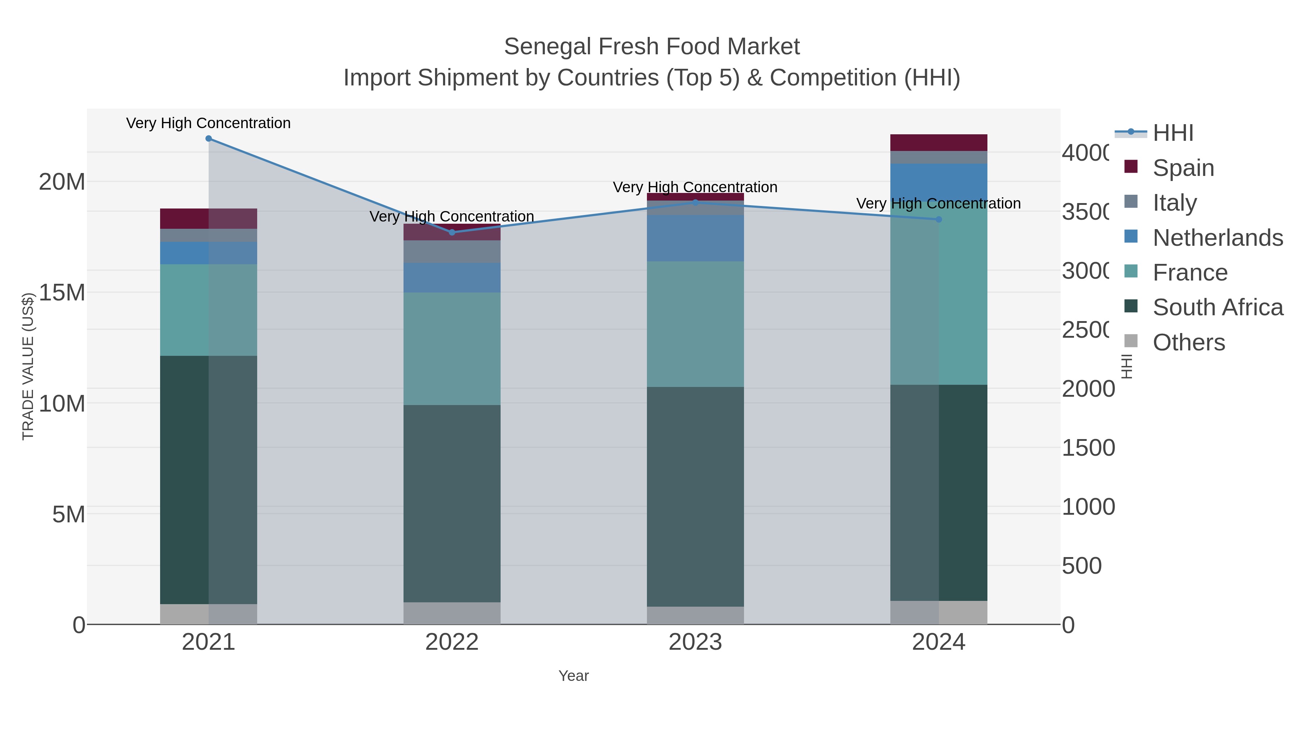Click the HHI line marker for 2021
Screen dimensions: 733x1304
209,139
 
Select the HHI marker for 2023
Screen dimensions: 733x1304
695,202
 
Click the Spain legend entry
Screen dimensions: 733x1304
1183,168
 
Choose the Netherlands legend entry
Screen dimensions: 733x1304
1217,238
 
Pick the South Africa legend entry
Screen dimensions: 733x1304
1217,308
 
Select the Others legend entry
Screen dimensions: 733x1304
1188,342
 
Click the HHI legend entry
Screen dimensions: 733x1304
1173,133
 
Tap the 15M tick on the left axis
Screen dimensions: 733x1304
62,293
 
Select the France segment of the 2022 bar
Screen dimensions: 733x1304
452,349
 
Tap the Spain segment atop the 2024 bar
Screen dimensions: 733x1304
939,143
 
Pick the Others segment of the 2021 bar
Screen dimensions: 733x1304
209,614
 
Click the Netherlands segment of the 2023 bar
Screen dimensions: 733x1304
695,238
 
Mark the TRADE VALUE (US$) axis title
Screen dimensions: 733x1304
28,366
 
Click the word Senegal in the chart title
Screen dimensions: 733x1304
548,47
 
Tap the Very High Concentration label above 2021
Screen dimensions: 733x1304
209,123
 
